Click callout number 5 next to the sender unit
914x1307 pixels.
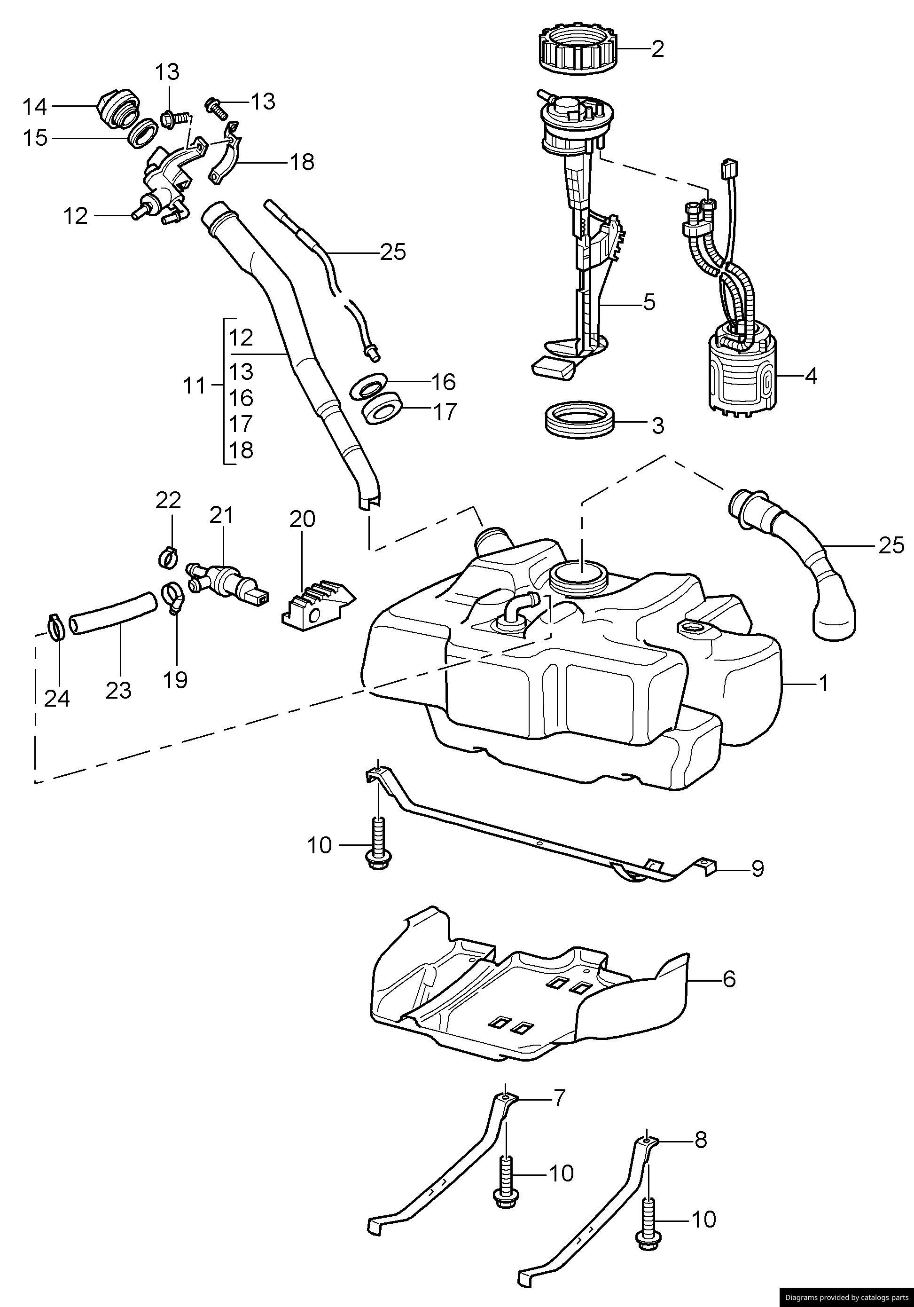(649, 302)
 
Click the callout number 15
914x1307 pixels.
(35, 138)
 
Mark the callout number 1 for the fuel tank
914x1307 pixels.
(823, 683)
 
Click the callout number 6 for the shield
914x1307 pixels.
(728, 979)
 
